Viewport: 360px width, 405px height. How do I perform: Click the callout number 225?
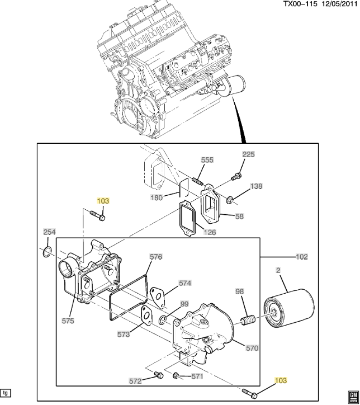[248, 154]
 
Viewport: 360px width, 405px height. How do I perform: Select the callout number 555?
[207, 160]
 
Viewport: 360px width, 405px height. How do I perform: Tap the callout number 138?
[256, 186]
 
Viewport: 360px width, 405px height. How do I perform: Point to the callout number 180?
[157, 197]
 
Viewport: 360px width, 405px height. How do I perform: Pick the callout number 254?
[50, 232]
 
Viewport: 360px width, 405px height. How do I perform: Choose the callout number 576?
[155, 257]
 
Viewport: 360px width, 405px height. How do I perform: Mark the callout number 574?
[185, 283]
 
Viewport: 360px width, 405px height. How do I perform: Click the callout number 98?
[239, 292]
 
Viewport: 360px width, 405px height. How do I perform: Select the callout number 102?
[302, 257]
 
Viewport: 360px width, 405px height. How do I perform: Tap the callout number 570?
[252, 348]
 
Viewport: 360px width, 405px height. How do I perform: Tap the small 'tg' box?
[6, 392]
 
